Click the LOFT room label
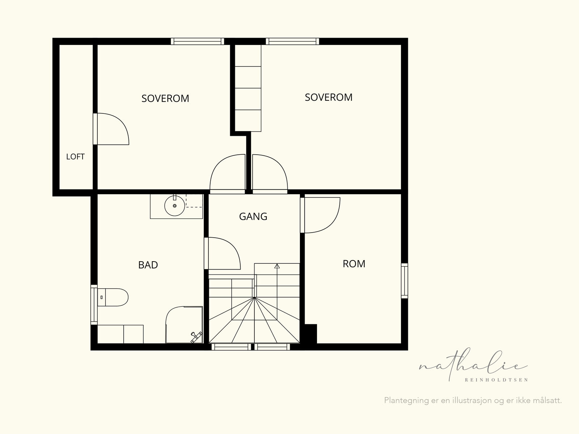coord(75,157)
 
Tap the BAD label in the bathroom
coord(148,265)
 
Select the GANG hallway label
coord(253,217)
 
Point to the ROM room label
coord(354,264)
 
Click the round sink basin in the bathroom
coord(175,206)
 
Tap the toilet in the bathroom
coord(113,297)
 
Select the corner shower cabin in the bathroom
coord(184,325)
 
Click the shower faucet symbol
coord(196,337)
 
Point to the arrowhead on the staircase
coord(277,266)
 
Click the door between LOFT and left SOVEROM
coord(111,129)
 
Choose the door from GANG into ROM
coord(320,215)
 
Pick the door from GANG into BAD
coord(222,254)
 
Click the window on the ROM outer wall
coord(405,281)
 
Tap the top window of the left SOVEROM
coord(197,41)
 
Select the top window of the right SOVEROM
coord(292,41)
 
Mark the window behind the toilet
coord(94,305)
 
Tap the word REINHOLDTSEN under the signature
coord(496,380)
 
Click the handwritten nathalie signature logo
coord(473,364)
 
